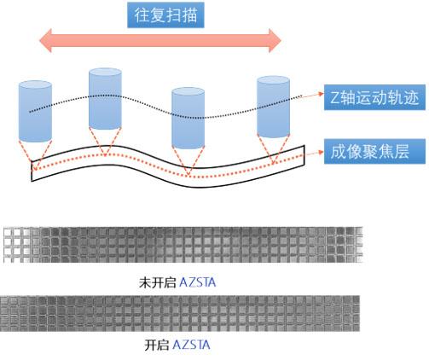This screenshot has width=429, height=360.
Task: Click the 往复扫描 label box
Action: pos(165,15)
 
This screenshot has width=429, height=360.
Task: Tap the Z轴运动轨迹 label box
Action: pos(374,97)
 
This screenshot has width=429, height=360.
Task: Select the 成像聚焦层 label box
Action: pos(374,151)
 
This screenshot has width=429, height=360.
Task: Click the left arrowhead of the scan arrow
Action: pos(45,40)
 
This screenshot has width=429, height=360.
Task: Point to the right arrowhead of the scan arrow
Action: pos(275,40)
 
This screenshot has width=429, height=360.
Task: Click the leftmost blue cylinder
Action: pos(35,112)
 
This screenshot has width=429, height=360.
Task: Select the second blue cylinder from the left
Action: pos(105,99)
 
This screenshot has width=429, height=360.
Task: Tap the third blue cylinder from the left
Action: pos(188,118)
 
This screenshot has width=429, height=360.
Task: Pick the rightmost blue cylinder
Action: pos(273,107)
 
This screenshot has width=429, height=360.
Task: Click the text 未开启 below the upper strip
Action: pos(158,282)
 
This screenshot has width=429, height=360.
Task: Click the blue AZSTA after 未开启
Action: pos(198,282)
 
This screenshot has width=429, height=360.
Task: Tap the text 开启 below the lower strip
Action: pos(156,345)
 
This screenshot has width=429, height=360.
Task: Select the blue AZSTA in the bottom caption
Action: pos(191,345)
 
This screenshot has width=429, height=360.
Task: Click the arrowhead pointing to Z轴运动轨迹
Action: pos(321,94)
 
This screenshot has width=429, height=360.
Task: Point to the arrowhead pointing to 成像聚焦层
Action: pos(321,152)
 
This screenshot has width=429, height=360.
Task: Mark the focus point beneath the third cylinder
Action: pos(188,176)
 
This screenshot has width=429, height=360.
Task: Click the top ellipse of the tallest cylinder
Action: pos(105,73)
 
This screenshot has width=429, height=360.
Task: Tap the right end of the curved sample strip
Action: pos(304,155)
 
